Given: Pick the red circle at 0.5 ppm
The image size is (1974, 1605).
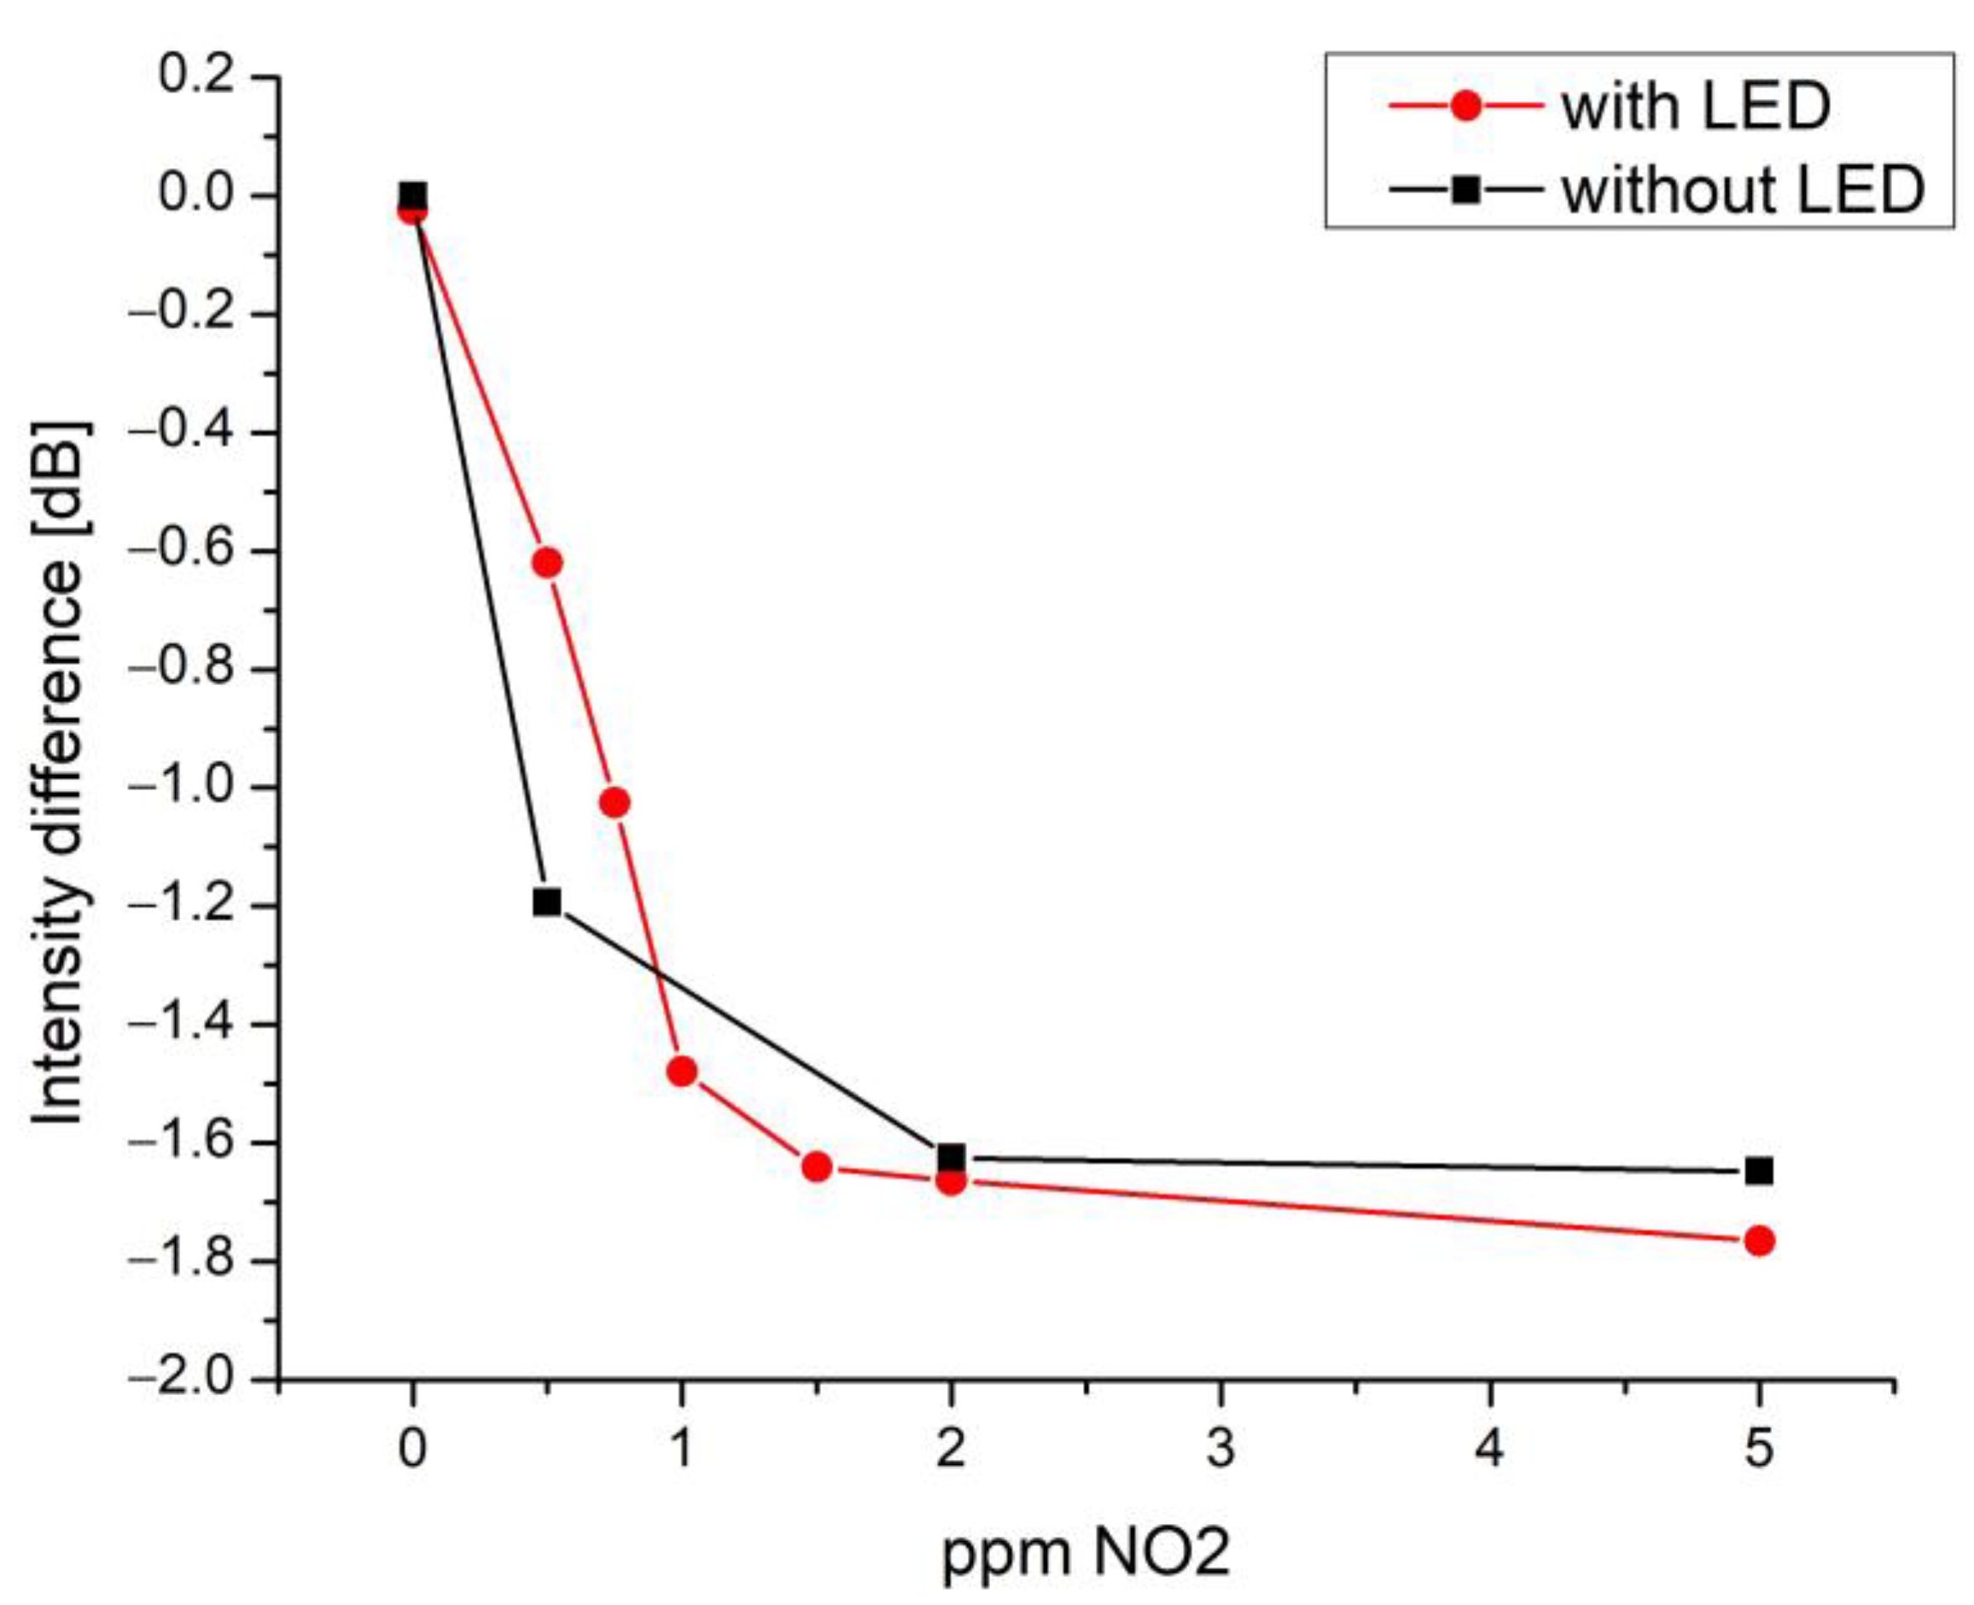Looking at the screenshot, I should point(547,562).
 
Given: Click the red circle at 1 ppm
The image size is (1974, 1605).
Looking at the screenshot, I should point(681,1073).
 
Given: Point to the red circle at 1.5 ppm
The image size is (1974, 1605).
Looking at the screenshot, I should point(817,1166).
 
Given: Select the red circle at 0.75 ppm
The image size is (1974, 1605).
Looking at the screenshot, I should point(614,802).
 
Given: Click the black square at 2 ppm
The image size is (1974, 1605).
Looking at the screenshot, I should point(951,1156).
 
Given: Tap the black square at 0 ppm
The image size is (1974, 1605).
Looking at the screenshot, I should point(412,196).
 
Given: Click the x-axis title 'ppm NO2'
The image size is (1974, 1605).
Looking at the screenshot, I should point(1086,1552).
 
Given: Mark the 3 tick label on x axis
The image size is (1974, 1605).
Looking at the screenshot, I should point(1220,1448).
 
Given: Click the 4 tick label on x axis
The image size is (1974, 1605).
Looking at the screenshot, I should point(1489,1448).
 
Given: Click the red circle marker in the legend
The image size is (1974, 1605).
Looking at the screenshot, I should point(1466,108).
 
